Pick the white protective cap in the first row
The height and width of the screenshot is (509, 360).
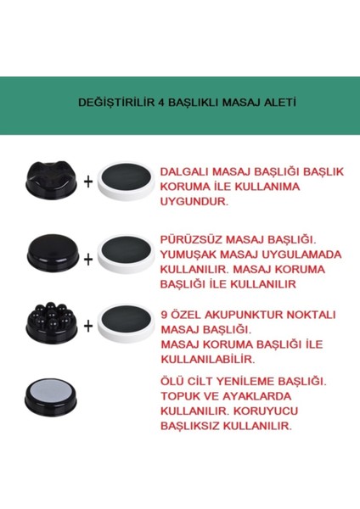coord(127,180)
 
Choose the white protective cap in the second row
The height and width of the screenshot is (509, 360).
coord(127,253)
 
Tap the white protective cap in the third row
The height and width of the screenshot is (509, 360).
coord(127,326)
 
